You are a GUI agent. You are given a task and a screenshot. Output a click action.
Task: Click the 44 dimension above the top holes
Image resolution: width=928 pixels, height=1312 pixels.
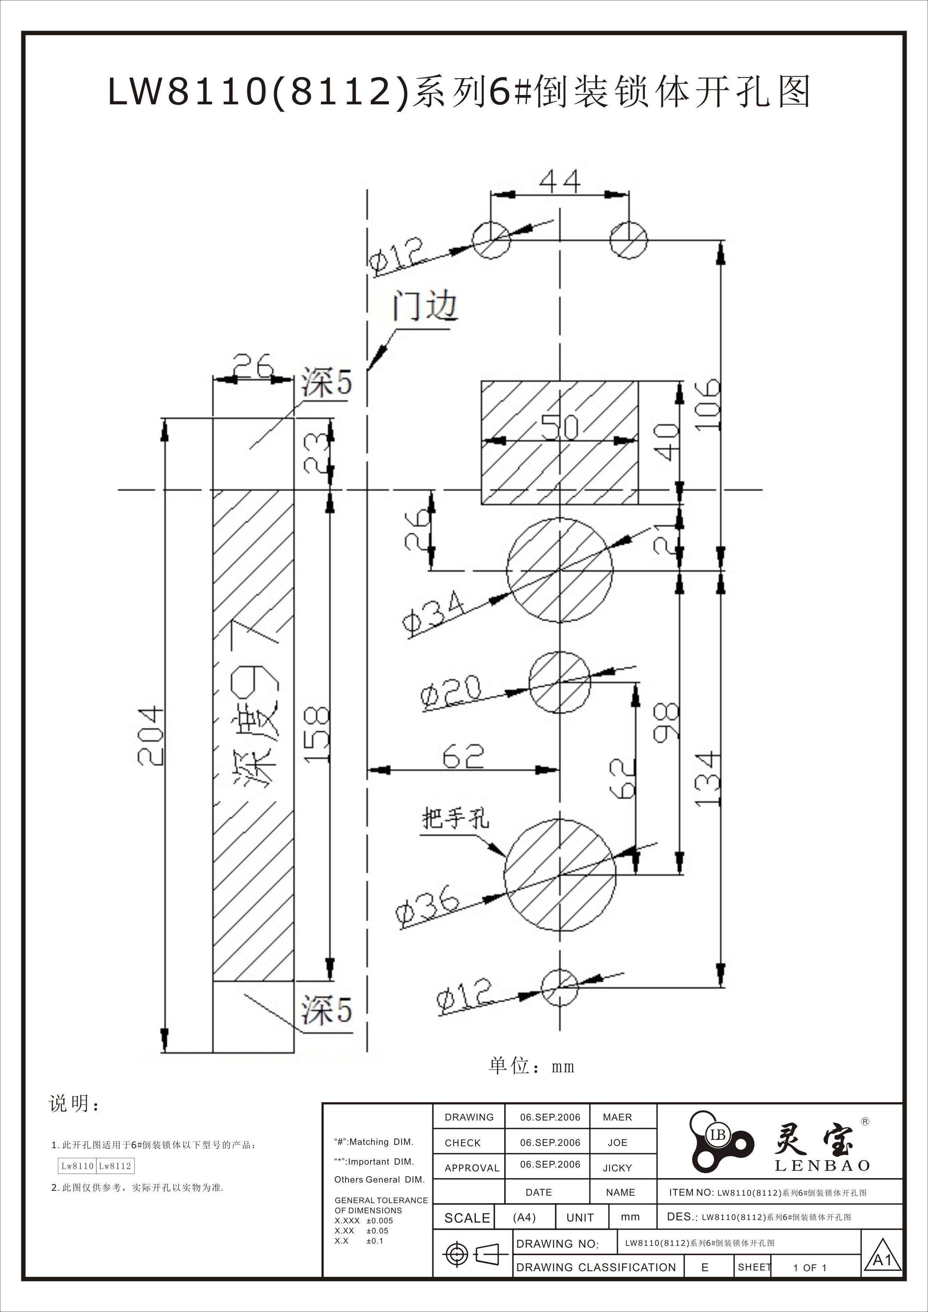tap(560, 182)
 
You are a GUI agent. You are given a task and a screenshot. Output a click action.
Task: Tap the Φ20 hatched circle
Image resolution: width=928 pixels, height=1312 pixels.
tap(559, 682)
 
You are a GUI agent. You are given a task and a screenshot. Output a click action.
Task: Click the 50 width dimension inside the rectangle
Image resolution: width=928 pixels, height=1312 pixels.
tap(560, 427)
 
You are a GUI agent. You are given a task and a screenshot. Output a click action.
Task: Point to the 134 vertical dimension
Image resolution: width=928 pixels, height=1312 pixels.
tap(708, 779)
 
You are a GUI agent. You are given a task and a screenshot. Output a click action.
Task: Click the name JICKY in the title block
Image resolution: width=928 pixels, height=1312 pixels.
tap(617, 1168)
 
